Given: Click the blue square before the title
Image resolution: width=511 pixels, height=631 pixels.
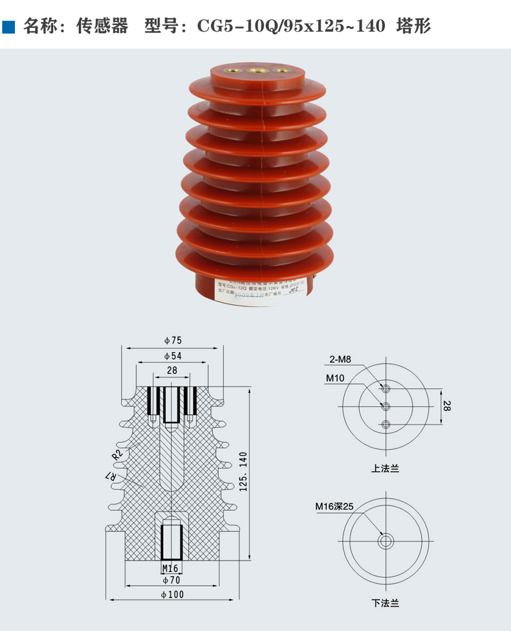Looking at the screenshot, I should click(x=9, y=27).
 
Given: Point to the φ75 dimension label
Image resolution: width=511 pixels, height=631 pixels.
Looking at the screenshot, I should click(x=173, y=340).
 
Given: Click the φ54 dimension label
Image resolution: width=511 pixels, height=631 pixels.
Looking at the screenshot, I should click(x=173, y=356).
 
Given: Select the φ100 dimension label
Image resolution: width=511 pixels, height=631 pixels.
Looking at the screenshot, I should click(x=173, y=594).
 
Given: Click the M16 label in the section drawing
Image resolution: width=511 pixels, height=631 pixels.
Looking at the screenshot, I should click(x=170, y=568).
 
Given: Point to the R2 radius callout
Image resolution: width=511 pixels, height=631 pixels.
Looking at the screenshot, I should click(x=117, y=454).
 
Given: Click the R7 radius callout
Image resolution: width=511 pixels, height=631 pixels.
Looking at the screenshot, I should click(x=112, y=478).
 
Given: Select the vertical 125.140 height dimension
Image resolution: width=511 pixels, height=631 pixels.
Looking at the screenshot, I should click(x=244, y=472).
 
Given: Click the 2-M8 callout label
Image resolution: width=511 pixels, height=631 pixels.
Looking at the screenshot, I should click(x=340, y=359).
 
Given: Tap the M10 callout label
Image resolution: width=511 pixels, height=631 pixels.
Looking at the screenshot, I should click(x=335, y=378).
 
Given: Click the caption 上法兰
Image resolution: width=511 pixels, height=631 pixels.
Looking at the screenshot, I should click(x=385, y=469).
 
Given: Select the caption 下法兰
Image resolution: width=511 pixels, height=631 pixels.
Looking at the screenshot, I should click(x=385, y=603).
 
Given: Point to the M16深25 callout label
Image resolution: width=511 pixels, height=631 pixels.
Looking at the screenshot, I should click(x=334, y=507).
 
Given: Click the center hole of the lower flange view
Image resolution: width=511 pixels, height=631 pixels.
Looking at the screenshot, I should click(x=386, y=541).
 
